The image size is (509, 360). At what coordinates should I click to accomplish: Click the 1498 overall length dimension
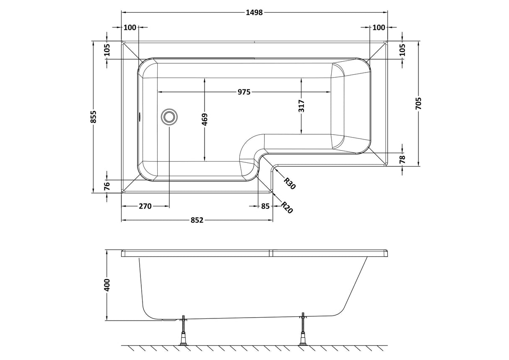tap(254, 12)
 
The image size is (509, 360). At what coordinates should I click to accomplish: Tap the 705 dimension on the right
tap(418, 103)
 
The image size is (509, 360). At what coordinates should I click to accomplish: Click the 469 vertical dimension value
tap(205, 120)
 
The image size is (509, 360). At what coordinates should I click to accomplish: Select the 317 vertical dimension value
tap(301, 106)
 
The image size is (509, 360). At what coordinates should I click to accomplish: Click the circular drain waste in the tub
tap(169, 116)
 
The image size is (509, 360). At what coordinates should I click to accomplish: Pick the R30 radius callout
tap(290, 183)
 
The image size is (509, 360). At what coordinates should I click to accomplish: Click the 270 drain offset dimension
tap(145, 206)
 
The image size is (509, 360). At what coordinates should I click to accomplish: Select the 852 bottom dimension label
tap(197, 220)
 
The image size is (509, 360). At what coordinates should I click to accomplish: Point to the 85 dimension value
tap(265, 206)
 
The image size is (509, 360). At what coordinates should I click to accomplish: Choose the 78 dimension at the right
tap(402, 159)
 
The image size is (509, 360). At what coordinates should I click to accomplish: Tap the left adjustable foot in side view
tap(183, 331)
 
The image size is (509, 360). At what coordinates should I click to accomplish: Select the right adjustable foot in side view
tap(302, 331)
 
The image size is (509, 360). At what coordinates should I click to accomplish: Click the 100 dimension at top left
tap(130, 28)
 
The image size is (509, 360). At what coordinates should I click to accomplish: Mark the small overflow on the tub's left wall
tap(139, 116)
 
